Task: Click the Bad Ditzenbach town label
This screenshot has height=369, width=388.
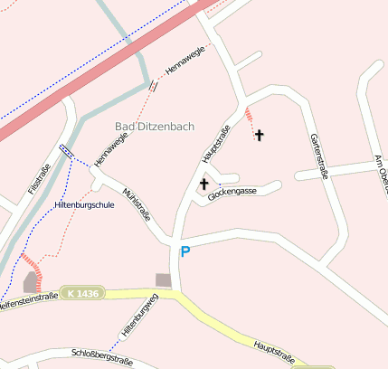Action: pyautogui.click(x=155, y=126)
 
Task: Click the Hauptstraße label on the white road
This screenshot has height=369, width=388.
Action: pyautogui.click(x=214, y=146)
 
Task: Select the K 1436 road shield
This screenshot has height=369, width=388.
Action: pyautogui.click(x=82, y=293)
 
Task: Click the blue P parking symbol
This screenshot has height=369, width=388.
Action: pyautogui.click(x=185, y=252)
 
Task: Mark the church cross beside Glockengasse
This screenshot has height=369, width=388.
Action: pyautogui.click(x=216, y=184)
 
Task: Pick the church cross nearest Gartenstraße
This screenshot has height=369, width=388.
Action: pyautogui.click(x=260, y=136)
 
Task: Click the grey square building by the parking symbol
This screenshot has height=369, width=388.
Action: pyautogui.click(x=163, y=280)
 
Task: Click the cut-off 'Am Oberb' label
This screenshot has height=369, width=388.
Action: pyautogui.click(x=381, y=172)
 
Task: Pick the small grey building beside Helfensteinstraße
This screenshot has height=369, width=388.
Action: pyautogui.click(x=31, y=283)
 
